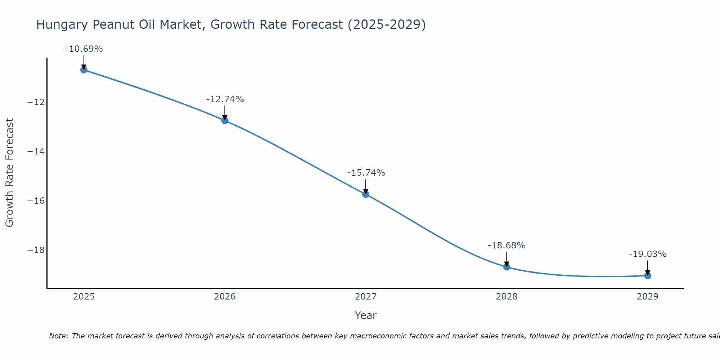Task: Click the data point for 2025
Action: (84, 70)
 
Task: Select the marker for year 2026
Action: (225, 120)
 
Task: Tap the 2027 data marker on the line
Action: (366, 194)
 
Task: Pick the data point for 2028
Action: (507, 267)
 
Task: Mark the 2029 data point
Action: (648, 276)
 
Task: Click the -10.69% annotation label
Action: (84, 49)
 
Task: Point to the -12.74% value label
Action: (225, 99)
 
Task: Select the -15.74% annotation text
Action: (366, 173)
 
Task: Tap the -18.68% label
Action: (507, 246)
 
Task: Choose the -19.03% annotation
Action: (648, 254)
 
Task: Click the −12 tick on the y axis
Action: (36, 102)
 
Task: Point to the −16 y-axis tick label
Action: (36, 201)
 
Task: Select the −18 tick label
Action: (36, 250)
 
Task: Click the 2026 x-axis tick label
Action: (225, 297)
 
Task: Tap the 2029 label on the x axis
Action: (648, 297)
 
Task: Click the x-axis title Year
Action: (366, 315)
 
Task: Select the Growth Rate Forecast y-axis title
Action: (9, 173)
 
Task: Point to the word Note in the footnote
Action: (58, 336)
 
